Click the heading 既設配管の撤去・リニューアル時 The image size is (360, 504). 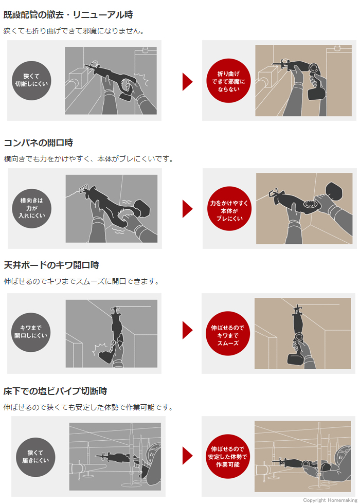click(68, 15)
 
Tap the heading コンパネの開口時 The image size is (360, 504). click(38, 142)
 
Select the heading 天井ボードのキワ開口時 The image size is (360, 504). click(51, 265)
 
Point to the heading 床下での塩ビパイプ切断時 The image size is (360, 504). click(56, 391)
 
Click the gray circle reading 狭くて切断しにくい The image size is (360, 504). click(31, 80)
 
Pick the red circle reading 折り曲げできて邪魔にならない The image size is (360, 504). click(228, 81)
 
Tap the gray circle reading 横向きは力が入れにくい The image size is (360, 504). click(31, 208)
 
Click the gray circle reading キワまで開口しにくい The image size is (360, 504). click(31, 332)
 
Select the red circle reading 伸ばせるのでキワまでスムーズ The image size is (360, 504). click(227, 334)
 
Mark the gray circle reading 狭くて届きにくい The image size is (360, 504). click(35, 457)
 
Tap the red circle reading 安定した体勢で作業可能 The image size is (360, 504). click(227, 457)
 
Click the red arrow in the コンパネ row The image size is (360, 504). click(187, 209)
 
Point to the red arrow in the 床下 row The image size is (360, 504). click(187, 456)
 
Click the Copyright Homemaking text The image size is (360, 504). click(330, 500)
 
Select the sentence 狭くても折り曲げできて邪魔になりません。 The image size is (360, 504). click(74, 31)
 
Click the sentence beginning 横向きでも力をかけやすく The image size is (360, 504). click(88, 159)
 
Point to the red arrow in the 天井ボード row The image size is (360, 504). click(187, 330)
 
